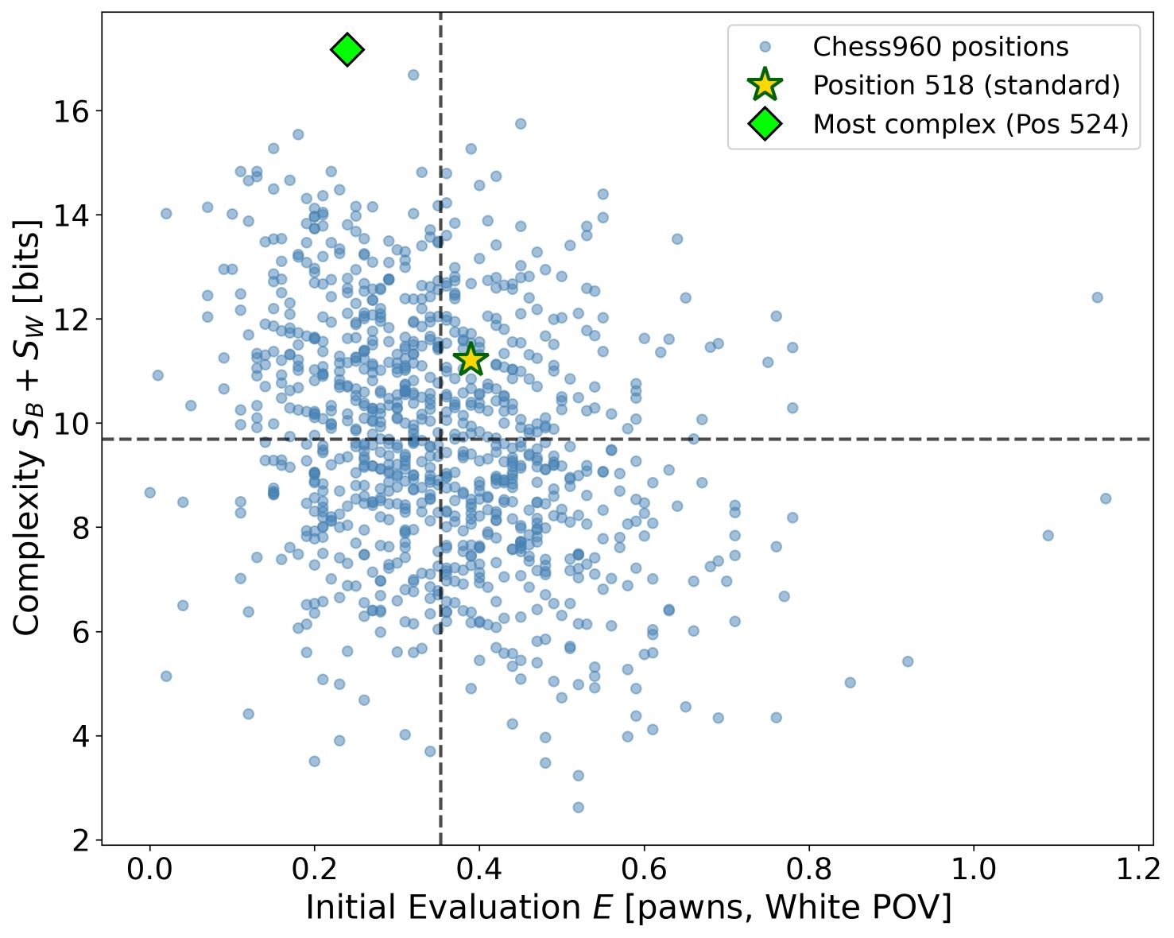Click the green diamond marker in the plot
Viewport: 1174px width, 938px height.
[x=347, y=50]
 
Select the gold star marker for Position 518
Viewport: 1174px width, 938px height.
[x=471, y=359]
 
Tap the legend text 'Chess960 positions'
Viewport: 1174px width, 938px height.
[x=940, y=47]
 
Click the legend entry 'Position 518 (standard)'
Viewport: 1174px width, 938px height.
[x=966, y=85]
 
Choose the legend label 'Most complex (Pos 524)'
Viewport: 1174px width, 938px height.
[x=971, y=124]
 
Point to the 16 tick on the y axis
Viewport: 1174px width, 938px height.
[x=72, y=111]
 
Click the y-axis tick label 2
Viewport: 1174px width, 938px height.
[x=81, y=841]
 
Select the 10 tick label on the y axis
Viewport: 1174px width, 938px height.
[x=72, y=424]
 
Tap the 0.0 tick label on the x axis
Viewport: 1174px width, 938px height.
[x=149, y=870]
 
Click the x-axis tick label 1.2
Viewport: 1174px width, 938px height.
[x=1138, y=870]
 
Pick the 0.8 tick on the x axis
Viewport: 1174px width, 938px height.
[x=809, y=870]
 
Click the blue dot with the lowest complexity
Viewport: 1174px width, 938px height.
[x=578, y=808]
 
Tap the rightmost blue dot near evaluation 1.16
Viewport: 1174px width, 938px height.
[x=1105, y=498]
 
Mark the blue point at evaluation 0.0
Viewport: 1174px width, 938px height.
[x=149, y=493]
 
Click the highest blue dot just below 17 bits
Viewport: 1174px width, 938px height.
[x=413, y=75]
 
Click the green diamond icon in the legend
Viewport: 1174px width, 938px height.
[x=765, y=124]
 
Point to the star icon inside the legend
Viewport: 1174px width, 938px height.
[x=765, y=85]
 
